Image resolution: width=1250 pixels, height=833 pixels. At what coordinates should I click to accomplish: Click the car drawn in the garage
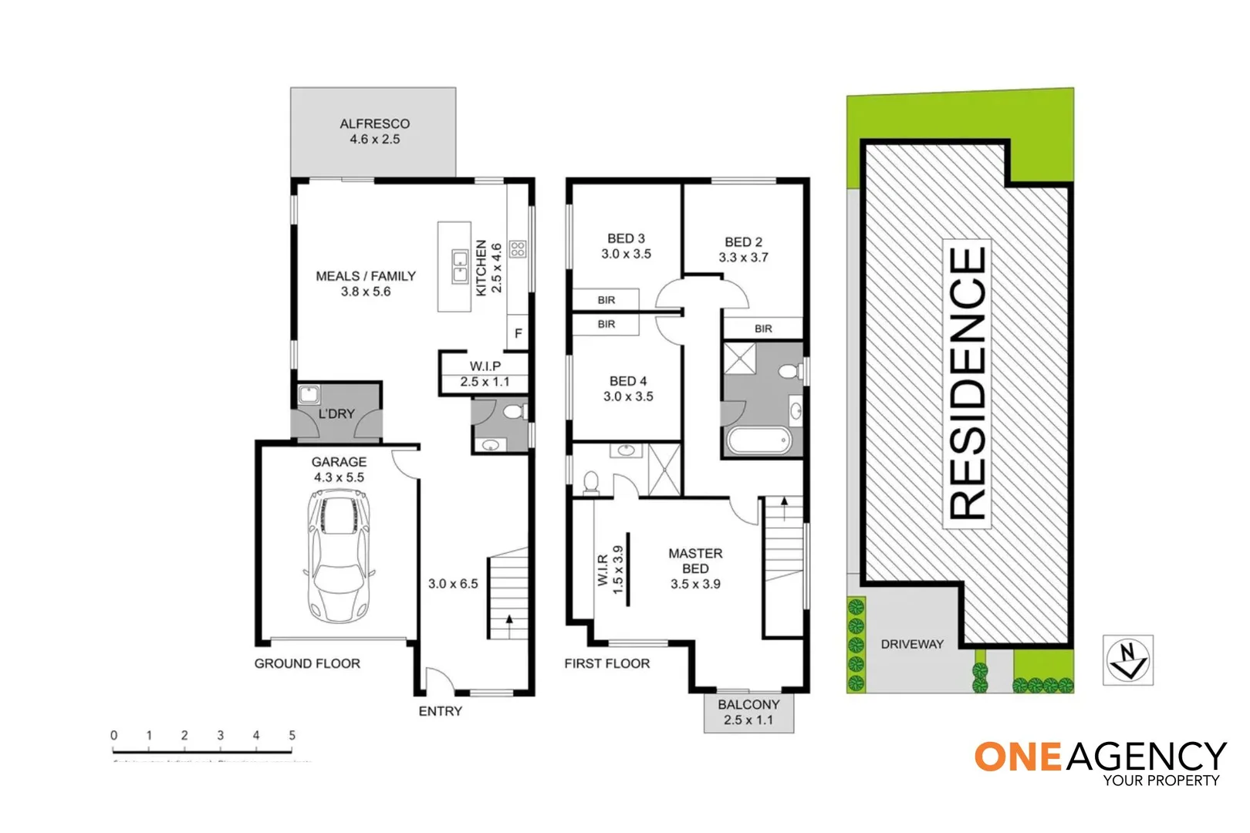[x=339, y=561]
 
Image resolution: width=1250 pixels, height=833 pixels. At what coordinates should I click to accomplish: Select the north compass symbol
[x=1127, y=660]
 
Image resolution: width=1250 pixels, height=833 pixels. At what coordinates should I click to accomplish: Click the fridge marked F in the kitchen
[x=519, y=333]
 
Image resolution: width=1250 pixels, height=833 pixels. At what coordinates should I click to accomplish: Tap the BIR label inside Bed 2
[x=763, y=329]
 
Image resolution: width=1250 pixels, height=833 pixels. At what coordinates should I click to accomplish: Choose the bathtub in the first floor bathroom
[x=759, y=440]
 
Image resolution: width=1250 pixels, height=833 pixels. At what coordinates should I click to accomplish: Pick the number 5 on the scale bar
[x=292, y=736]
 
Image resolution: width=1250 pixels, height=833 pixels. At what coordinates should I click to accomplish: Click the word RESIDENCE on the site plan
[x=967, y=383]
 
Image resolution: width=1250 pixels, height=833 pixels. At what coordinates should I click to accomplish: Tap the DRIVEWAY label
[x=912, y=644]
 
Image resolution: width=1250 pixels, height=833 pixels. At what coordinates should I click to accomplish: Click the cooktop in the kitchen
[x=518, y=249]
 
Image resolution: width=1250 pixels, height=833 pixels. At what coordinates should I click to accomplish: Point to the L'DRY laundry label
[x=336, y=414]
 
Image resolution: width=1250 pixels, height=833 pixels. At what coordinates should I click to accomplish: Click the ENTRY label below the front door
[x=440, y=711]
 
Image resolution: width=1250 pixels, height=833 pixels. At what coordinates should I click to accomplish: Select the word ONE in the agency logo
[x=1019, y=757]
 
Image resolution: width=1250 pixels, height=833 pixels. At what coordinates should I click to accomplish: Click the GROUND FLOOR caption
[x=307, y=663]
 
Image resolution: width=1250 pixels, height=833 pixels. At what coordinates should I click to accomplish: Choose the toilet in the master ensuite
[x=591, y=482]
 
